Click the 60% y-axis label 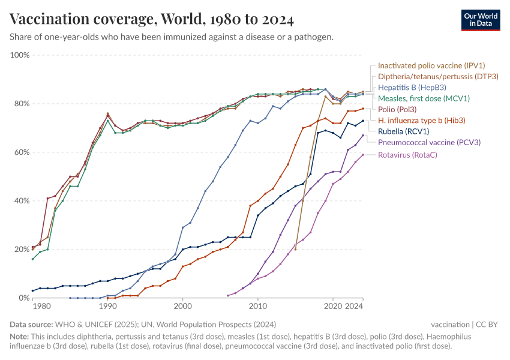[x=21, y=152]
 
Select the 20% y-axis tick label [x=21, y=250]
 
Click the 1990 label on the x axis [x=108, y=306]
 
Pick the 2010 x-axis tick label [x=258, y=306]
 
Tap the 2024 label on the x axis [x=354, y=306]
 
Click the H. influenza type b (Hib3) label [x=421, y=120]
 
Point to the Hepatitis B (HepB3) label [x=411, y=87]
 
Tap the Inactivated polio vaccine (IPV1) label [x=431, y=65]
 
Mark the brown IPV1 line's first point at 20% [x=295, y=249]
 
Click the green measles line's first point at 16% [x=33, y=259]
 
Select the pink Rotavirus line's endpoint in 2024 [x=363, y=155]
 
